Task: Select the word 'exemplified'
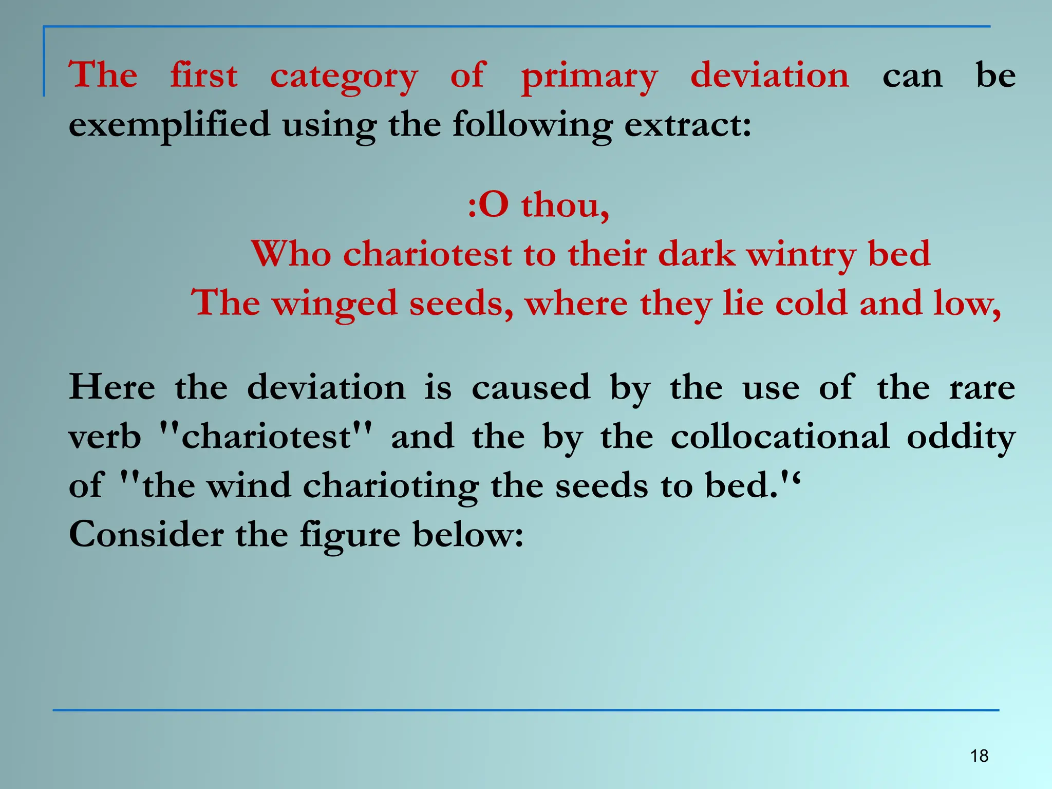click(169, 125)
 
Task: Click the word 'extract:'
click(688, 125)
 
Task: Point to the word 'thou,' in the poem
click(565, 205)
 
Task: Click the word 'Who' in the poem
click(291, 254)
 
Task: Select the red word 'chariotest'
click(427, 254)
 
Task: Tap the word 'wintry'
click(801, 255)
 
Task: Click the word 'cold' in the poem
click(811, 303)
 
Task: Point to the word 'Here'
click(112, 387)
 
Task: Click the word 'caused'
click(531, 387)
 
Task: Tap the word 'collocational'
click(780, 437)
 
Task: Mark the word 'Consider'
click(146, 535)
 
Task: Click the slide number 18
click(979, 756)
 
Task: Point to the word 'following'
click(532, 125)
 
